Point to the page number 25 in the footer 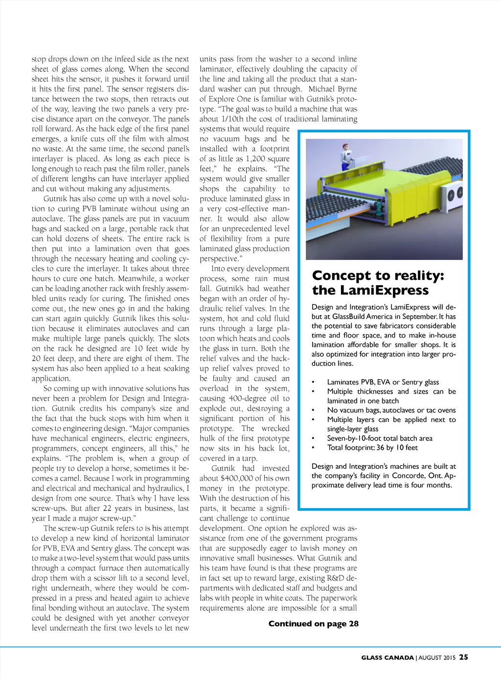tap(463, 657)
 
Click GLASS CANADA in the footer tap(387, 657)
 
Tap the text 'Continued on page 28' tap(313, 623)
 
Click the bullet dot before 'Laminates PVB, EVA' tap(313, 382)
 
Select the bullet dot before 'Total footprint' tap(313, 447)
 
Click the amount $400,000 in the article tap(247, 478)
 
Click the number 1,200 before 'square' tap(251, 159)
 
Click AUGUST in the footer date tap(431, 657)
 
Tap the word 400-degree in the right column tap(247, 399)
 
